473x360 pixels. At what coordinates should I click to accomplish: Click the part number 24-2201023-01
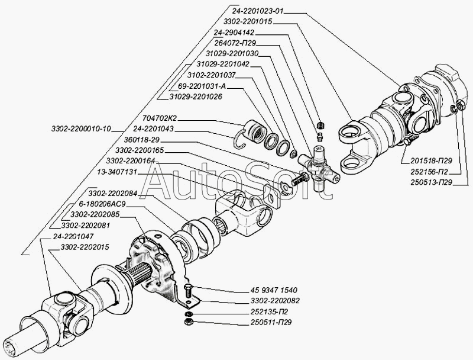click(258, 11)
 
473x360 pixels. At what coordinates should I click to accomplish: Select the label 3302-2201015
click(248, 21)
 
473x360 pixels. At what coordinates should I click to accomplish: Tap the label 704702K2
click(160, 118)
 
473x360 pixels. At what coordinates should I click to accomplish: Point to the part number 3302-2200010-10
click(81, 129)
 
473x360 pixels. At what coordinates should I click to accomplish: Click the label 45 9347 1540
click(274, 290)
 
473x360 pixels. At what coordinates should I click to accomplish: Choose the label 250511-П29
click(271, 323)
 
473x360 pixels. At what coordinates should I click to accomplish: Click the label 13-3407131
click(116, 172)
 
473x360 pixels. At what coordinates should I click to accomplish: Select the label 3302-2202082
click(275, 301)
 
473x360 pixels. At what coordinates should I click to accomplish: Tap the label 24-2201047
click(73, 236)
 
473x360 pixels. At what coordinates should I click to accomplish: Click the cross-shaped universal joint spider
click(319, 169)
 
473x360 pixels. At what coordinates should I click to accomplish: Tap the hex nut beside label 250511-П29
click(187, 322)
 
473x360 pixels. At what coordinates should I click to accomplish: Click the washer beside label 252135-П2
click(187, 313)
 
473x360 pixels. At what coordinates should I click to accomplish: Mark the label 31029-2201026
click(196, 97)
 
